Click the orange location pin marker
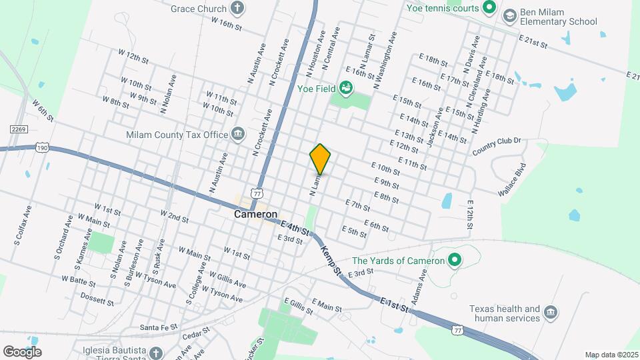click(320, 159)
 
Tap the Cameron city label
click(255, 215)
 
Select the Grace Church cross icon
click(237, 9)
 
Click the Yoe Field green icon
click(345, 87)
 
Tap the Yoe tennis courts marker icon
click(489, 8)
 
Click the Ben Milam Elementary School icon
click(510, 15)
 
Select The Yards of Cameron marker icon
click(455, 261)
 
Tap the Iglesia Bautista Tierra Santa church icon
click(155, 353)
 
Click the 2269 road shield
click(18, 129)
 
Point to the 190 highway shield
click(43, 147)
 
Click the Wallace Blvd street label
click(512, 179)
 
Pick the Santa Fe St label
click(159, 327)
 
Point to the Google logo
click(22, 352)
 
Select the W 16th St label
click(225, 24)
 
